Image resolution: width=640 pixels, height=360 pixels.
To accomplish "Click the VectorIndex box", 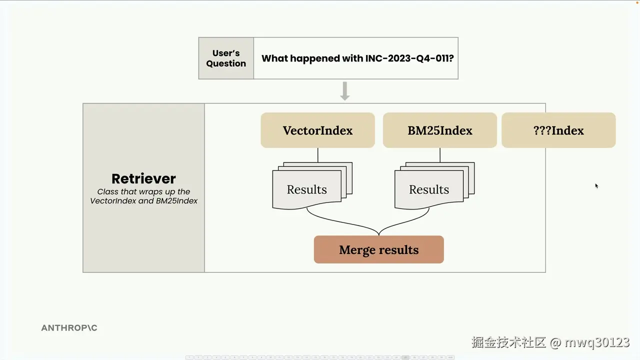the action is tap(317, 130).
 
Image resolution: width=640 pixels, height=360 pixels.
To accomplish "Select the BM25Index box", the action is tap(440, 130).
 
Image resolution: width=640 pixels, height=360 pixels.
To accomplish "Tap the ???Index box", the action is tap(558, 130).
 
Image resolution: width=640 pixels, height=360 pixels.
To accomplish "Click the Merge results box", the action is tap(379, 249).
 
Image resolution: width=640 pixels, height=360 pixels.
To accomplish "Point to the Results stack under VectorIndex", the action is tap(312, 186).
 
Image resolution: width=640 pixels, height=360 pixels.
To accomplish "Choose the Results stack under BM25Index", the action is tap(434, 186).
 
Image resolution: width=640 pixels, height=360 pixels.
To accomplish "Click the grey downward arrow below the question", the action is tap(345, 91).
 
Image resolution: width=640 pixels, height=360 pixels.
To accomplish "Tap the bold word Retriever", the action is tap(143, 179).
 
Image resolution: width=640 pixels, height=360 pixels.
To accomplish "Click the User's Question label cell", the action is tap(226, 58).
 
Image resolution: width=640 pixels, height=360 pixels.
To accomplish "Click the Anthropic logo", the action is tap(69, 327).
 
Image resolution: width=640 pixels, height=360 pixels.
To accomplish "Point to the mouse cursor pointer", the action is tap(596, 186).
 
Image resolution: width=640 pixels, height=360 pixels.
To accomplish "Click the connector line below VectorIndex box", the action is tap(317, 155).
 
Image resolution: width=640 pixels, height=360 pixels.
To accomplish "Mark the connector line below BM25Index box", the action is tap(440, 155).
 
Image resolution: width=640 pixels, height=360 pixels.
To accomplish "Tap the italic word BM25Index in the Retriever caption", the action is tap(176, 201).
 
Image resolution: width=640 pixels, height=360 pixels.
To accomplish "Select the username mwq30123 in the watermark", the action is tap(597, 342).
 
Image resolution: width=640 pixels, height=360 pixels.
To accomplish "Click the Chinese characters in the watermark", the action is tap(508, 342).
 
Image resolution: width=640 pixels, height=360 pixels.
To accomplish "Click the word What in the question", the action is tap(274, 58).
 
